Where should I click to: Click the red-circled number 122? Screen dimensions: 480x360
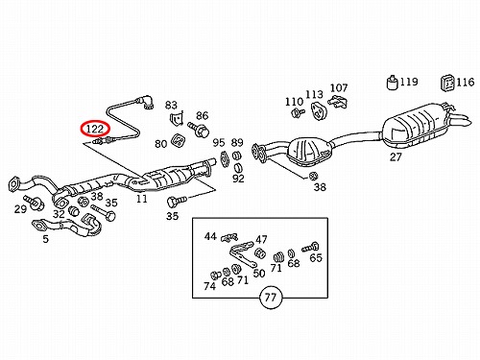(x=95, y=129)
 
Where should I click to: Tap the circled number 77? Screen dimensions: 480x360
(x=271, y=298)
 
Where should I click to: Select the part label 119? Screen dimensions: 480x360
(x=409, y=82)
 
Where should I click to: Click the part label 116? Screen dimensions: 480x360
(x=466, y=83)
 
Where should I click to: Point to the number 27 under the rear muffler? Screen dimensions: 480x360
(x=396, y=156)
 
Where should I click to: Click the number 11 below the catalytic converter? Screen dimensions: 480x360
(x=142, y=199)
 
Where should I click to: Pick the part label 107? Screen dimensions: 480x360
(x=339, y=87)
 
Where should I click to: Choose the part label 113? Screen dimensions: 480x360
(x=314, y=94)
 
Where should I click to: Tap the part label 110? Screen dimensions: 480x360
(x=294, y=102)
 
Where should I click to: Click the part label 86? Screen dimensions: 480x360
(x=203, y=115)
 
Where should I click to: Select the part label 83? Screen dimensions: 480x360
(x=171, y=105)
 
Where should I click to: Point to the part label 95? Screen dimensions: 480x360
(x=219, y=142)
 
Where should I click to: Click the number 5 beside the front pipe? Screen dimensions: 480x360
(x=46, y=239)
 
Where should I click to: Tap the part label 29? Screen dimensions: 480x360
(x=20, y=209)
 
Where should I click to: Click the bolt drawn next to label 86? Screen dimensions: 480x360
(x=199, y=129)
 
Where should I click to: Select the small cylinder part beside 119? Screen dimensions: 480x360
(x=392, y=83)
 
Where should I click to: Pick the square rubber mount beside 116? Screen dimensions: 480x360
(x=447, y=83)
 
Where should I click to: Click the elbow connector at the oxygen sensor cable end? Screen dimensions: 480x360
(x=147, y=103)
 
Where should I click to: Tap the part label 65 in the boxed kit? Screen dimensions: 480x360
(x=316, y=257)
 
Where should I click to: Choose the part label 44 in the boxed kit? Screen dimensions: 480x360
(x=210, y=236)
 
